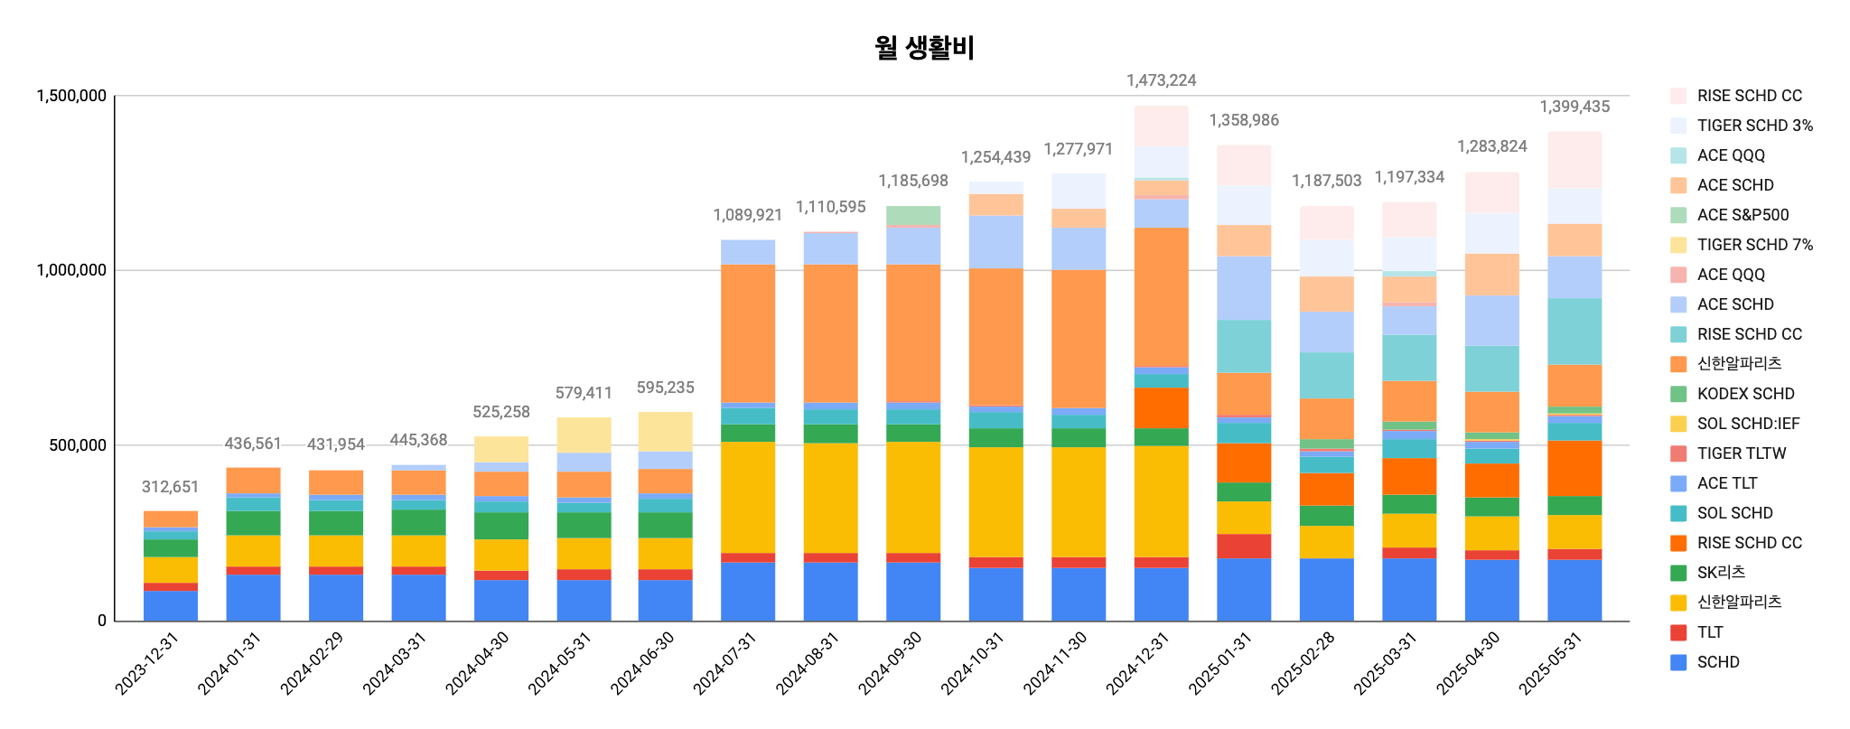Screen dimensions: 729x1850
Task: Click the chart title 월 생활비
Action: coord(924,47)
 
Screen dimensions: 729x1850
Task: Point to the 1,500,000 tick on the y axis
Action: coord(70,96)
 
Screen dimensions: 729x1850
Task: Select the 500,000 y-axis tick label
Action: coord(77,445)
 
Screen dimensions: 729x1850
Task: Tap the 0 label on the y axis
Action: coord(102,621)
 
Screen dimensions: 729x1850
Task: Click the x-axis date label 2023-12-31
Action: coord(147,664)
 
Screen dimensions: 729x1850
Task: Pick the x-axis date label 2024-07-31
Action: coord(725,664)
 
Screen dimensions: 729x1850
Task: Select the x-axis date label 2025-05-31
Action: coord(1551,664)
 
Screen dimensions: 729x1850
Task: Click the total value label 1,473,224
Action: coord(1161,80)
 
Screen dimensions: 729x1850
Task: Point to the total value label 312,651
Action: coord(170,487)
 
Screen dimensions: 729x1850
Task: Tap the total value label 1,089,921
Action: coord(747,215)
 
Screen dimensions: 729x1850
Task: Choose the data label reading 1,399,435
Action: coord(1574,107)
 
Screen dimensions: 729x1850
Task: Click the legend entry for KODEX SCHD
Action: coord(1745,394)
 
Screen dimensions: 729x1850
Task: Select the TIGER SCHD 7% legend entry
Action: coord(1754,245)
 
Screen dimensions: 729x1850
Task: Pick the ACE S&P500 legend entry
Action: coord(1743,215)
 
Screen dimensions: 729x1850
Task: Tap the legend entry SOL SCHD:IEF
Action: coord(1748,424)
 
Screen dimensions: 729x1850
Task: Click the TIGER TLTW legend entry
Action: coord(1741,453)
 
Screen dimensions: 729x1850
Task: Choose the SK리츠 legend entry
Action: coord(1721,573)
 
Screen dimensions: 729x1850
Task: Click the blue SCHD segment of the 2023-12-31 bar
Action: coord(170,605)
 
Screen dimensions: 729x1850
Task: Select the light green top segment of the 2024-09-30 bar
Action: coord(913,216)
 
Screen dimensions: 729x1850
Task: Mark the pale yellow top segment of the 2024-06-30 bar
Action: coord(666,432)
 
